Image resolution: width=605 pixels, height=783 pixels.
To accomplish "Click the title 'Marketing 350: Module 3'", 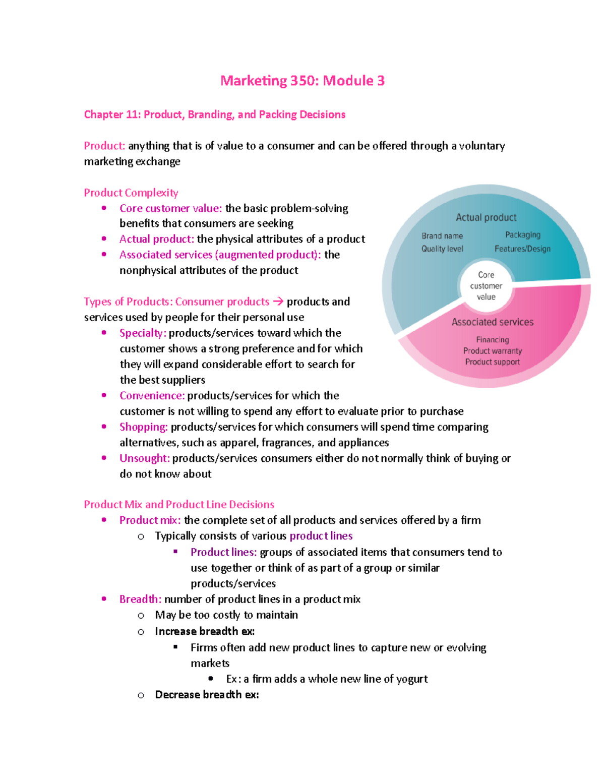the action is (302, 81).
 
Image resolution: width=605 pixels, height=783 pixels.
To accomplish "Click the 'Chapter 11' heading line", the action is (215, 114).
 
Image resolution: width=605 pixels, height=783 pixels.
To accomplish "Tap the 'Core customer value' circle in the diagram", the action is (486, 286).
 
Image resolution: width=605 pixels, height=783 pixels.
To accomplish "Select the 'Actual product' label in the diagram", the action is (486, 217).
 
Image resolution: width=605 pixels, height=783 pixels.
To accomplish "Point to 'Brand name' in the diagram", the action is (442, 235).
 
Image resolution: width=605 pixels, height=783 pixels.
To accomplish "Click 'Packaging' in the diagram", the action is (523, 234).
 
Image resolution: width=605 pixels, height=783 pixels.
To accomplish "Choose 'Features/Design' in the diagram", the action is (522, 249).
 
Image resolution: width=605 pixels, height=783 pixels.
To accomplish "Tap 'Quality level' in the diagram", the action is (442, 249).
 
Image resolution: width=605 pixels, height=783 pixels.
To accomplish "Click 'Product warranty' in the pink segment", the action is (493, 350).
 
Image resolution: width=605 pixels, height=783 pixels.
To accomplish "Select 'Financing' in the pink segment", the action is (493, 339).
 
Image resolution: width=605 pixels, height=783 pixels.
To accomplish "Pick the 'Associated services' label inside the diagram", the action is (493, 322).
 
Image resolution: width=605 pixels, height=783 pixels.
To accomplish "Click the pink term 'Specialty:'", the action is (143, 333).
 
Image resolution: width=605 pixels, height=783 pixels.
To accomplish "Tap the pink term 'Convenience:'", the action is (152, 395).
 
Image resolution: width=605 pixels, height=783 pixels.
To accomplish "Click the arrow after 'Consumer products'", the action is (278, 302).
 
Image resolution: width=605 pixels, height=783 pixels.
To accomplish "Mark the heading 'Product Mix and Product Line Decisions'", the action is (179, 504).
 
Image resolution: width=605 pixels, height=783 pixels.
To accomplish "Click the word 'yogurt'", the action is (412, 679).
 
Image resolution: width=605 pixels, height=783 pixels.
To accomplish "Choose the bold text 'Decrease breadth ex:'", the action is (207, 694).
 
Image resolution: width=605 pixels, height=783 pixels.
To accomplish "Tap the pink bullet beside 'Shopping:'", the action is (104, 427).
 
